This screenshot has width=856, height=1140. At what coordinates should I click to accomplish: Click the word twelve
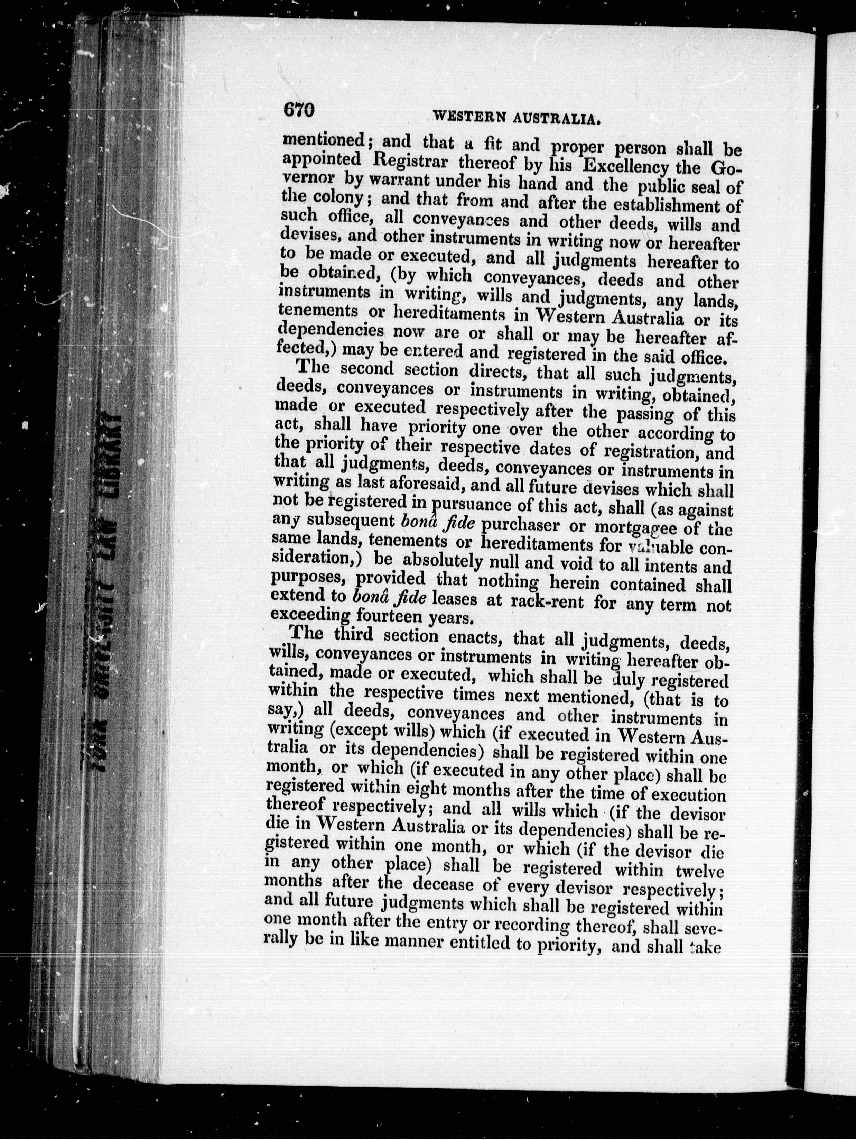pyautogui.click(x=698, y=872)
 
